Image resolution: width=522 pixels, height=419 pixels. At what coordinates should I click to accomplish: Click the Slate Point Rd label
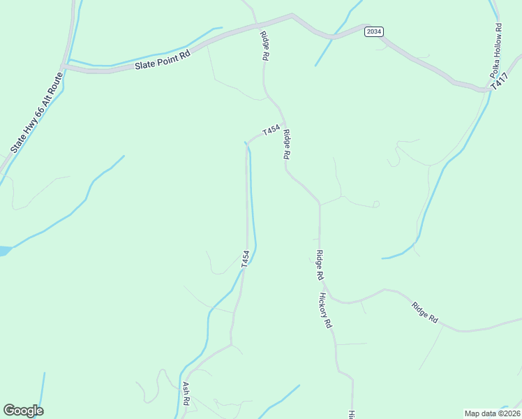click(162, 60)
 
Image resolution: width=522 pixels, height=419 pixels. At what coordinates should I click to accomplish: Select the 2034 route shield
click(373, 31)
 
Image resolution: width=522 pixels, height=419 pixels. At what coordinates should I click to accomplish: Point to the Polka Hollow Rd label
click(496, 52)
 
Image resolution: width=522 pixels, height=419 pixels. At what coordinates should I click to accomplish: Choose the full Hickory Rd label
click(326, 311)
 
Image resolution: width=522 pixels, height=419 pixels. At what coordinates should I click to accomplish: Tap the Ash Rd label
click(186, 392)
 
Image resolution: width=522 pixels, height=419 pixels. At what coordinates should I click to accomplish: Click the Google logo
click(23, 411)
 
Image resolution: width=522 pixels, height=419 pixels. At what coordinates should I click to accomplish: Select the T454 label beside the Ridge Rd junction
click(271, 131)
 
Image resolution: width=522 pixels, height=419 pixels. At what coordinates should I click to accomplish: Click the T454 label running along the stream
click(245, 259)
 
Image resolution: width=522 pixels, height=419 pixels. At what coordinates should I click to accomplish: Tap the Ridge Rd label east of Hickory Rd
click(424, 311)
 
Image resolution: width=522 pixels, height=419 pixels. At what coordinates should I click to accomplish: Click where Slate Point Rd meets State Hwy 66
click(64, 68)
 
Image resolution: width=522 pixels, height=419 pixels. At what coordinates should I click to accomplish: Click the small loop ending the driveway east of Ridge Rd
click(376, 204)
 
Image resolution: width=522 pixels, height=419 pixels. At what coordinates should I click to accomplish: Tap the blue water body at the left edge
click(3, 250)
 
